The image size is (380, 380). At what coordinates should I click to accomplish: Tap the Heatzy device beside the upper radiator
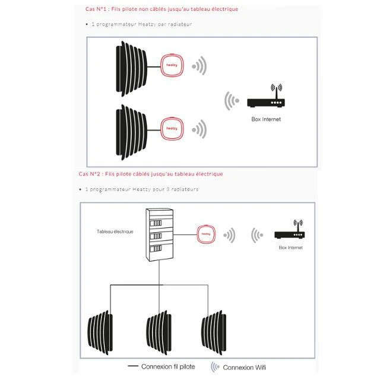point(172,66)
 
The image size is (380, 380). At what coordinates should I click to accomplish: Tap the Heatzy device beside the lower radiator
point(172,128)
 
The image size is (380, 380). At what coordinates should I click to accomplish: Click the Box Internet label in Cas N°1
point(265,119)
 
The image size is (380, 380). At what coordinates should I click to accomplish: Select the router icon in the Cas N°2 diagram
point(289,231)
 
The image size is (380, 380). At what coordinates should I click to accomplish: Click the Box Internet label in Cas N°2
point(290,248)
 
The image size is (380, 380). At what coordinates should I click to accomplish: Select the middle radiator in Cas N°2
point(159,330)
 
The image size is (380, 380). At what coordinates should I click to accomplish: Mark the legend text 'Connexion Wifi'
point(244,368)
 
